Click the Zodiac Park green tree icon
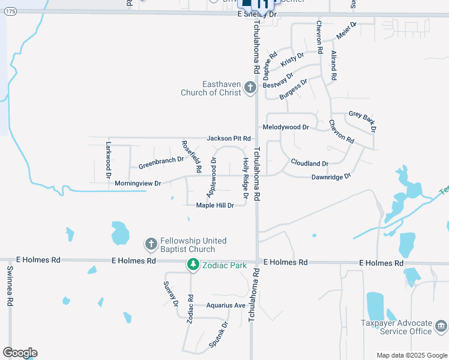[x=193, y=263]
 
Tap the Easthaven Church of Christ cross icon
[x=250, y=89]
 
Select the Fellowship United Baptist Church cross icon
[x=151, y=244]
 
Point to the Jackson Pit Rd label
[x=228, y=139]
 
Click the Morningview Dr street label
[x=138, y=183]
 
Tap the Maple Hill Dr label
[x=215, y=205]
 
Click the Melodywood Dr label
[x=286, y=127]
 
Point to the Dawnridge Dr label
[x=330, y=177]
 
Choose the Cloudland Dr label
[x=310, y=163]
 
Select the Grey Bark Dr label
[x=363, y=121]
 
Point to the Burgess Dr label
[x=294, y=89]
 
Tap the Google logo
[x=20, y=353]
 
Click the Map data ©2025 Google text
[x=411, y=355]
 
